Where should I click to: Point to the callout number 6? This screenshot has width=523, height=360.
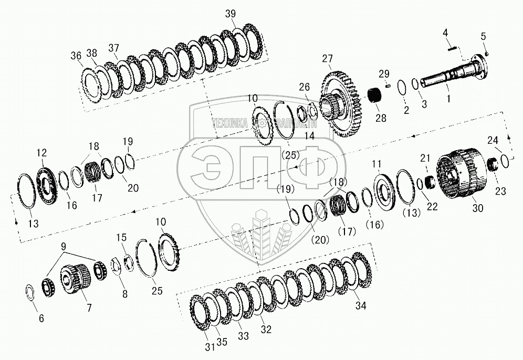41,319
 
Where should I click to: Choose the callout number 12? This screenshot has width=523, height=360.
42,153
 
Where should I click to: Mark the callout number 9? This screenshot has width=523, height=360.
64,246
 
